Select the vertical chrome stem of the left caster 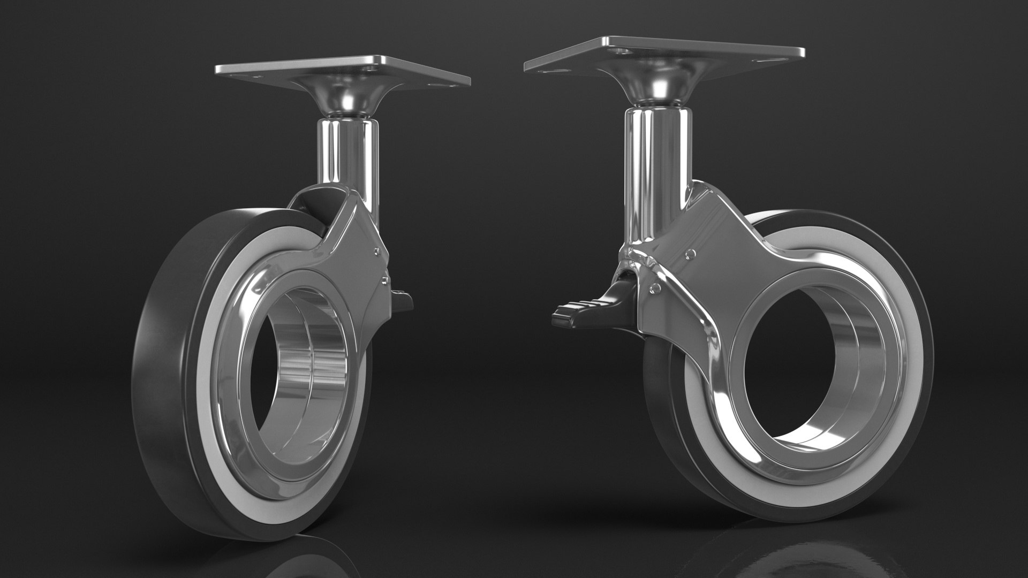348,155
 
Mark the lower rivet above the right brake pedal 653,289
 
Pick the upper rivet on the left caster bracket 377,249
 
